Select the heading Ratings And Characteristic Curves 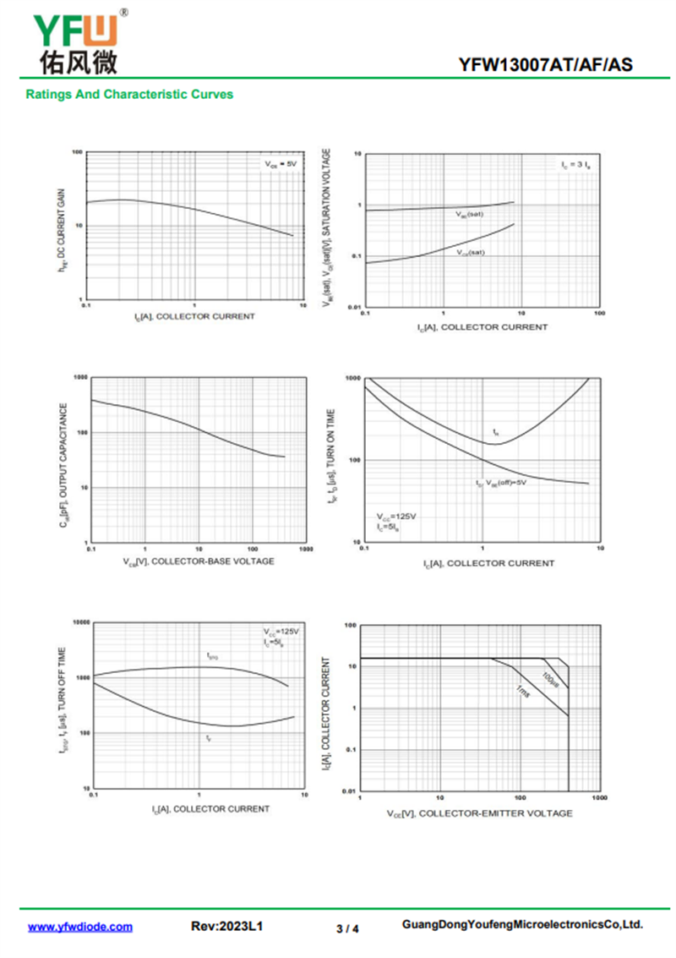pyautogui.click(x=129, y=95)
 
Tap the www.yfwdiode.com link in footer pyautogui.click(x=80, y=927)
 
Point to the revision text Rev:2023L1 pyautogui.click(x=228, y=927)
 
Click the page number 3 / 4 pyautogui.click(x=347, y=928)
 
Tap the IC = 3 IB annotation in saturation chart pyautogui.click(x=575, y=164)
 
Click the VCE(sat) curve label pyautogui.click(x=471, y=252)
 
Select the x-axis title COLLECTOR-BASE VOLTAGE pyautogui.click(x=199, y=562)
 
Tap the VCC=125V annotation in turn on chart pyautogui.click(x=396, y=516)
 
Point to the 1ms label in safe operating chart pyautogui.click(x=523, y=691)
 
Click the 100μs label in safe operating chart pyautogui.click(x=551, y=678)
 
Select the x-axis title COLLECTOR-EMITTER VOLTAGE pyautogui.click(x=479, y=813)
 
